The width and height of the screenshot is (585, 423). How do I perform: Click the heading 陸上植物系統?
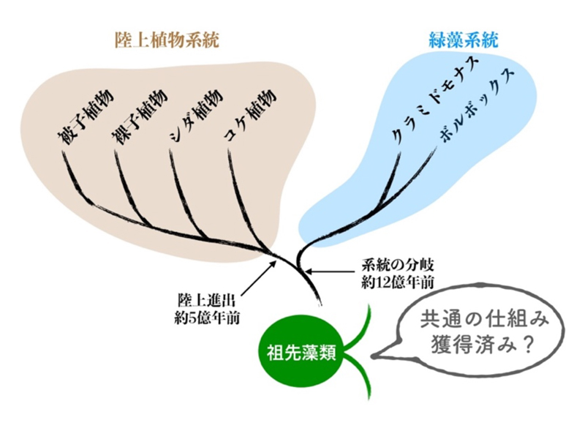[x=167, y=40]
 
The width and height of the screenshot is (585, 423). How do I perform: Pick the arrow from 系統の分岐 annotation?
[x=331, y=271]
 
